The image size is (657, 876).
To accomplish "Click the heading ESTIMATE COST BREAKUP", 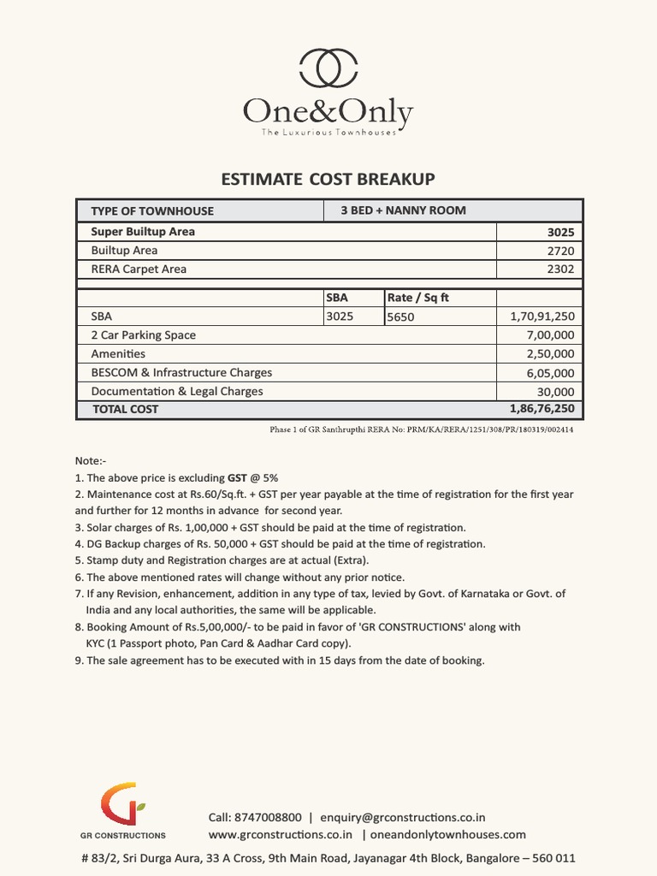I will [x=328, y=179].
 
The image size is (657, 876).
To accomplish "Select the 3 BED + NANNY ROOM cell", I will [x=403, y=210].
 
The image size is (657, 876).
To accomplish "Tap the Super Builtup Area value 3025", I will [x=560, y=233].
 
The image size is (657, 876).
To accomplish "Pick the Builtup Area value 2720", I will [x=560, y=252].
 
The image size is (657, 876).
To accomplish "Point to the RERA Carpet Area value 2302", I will [x=560, y=269].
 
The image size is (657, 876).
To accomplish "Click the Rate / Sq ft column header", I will [x=418, y=298].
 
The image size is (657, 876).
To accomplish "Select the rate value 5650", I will [x=401, y=317].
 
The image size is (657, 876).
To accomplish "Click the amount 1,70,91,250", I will [x=542, y=317].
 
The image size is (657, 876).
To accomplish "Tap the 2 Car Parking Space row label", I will [x=143, y=335].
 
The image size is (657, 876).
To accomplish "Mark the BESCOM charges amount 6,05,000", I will [x=550, y=373].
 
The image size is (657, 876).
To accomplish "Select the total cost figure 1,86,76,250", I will [x=542, y=409].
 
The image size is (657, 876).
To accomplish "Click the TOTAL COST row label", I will [x=126, y=410].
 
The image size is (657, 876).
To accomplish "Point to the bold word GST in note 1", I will [x=238, y=478].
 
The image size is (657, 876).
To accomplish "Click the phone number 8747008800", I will [x=268, y=817].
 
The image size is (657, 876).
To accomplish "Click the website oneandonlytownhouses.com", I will [x=448, y=834].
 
